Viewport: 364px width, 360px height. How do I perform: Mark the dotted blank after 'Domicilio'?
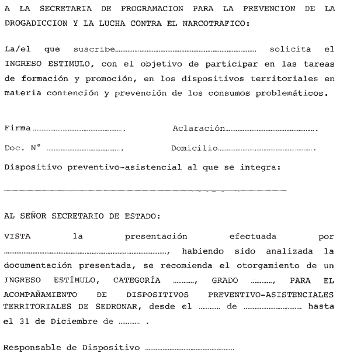point(266,150)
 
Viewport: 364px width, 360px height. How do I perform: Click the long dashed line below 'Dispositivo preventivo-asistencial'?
point(145,191)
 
